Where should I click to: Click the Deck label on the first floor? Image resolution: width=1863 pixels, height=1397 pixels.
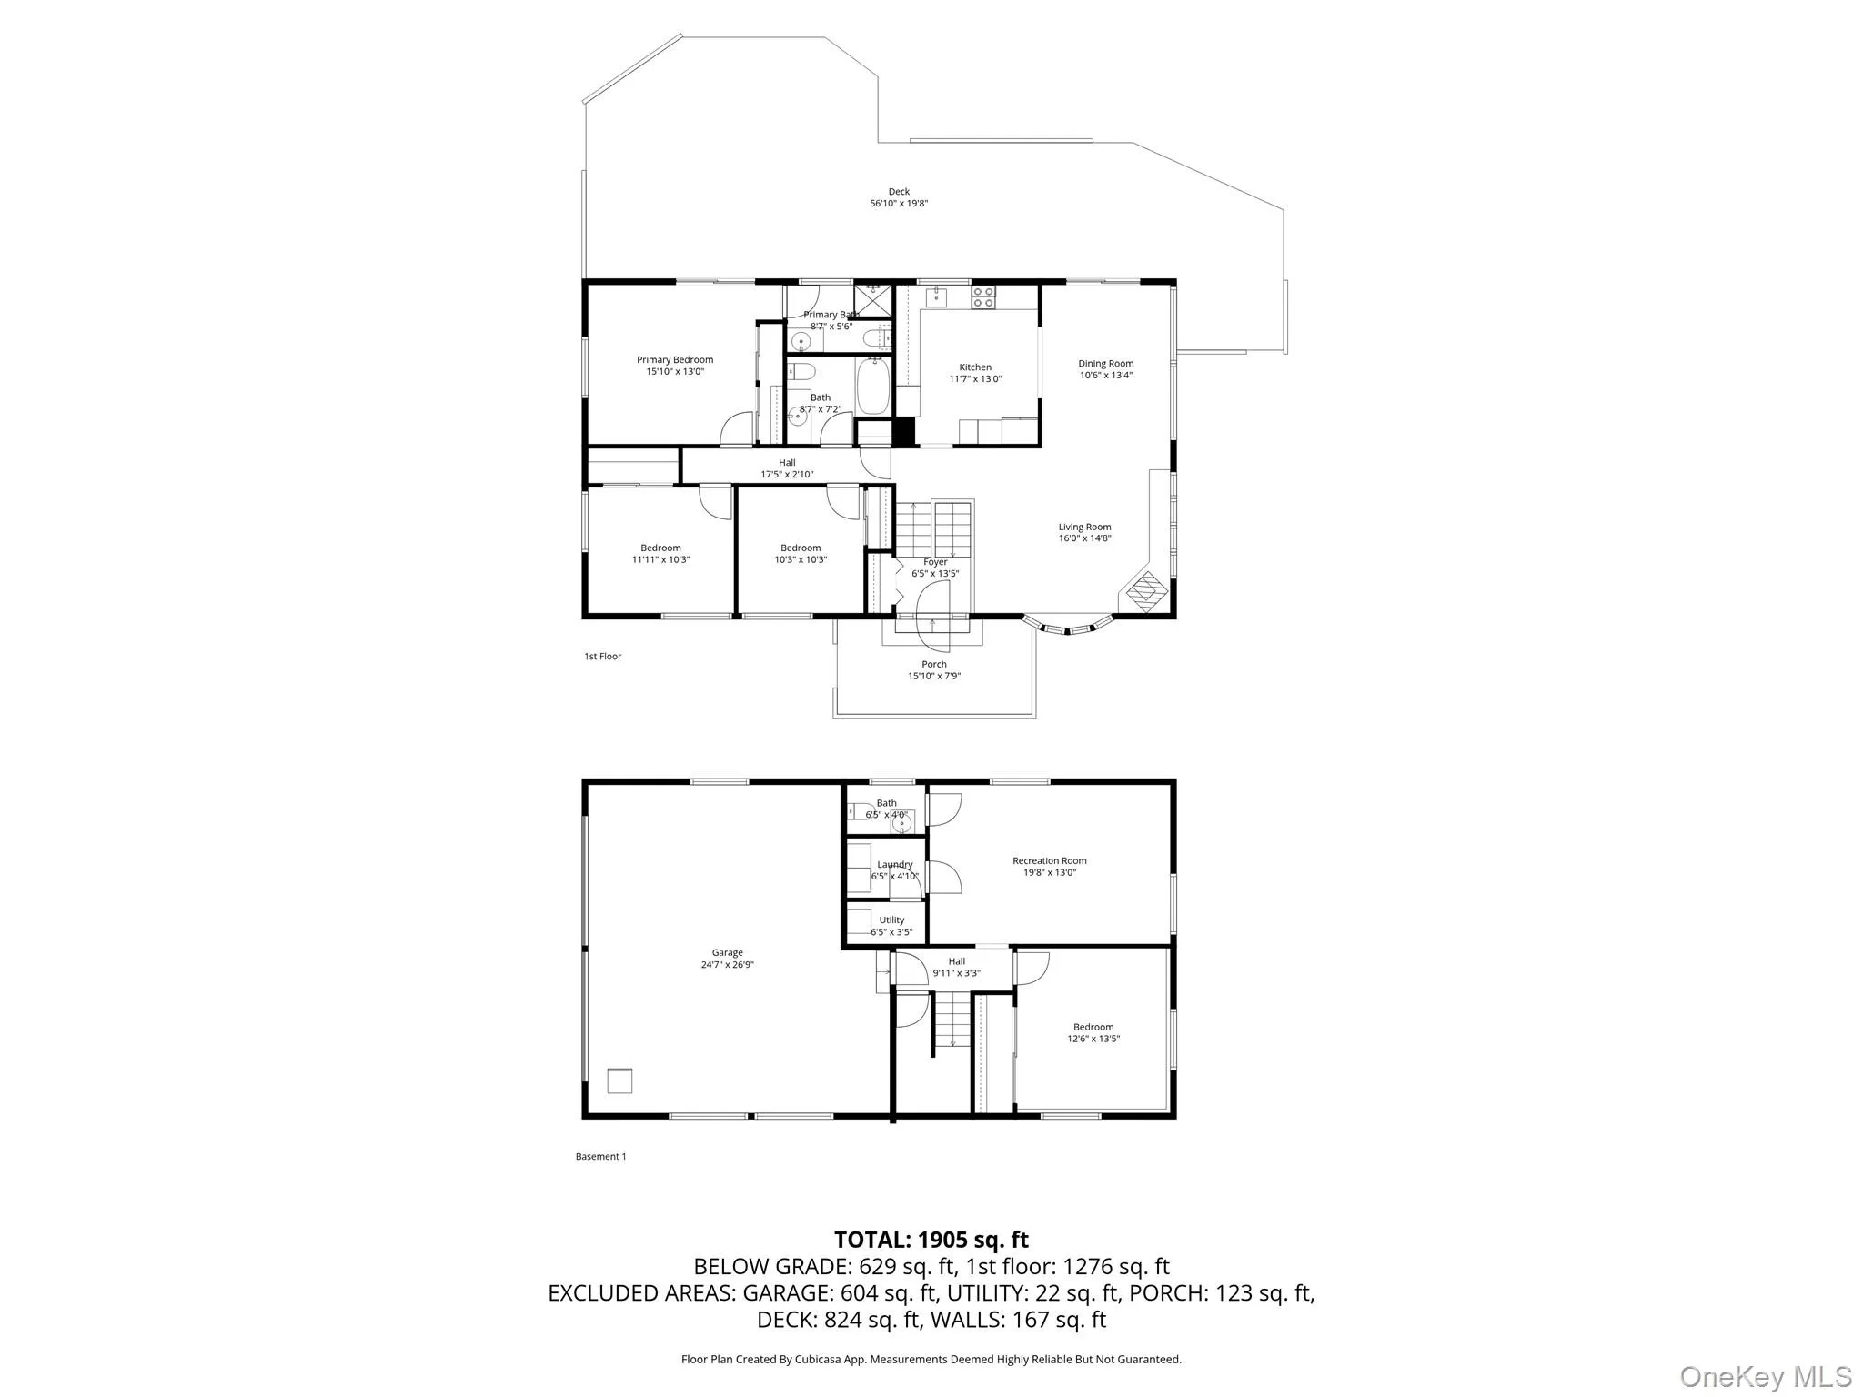pyautogui.click(x=899, y=192)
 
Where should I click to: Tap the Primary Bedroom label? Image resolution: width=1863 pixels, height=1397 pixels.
pyautogui.click(x=675, y=360)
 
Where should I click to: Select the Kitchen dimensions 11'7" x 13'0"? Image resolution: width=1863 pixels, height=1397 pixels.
pyautogui.click(x=975, y=379)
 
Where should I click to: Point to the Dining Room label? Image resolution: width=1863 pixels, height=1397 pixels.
pyautogui.click(x=1106, y=364)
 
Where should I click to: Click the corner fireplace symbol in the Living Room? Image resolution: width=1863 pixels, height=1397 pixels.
pyautogui.click(x=1146, y=591)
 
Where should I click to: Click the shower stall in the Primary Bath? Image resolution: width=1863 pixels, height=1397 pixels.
pyautogui.click(x=873, y=299)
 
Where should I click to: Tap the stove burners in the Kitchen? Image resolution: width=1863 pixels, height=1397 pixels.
pyautogui.click(x=983, y=297)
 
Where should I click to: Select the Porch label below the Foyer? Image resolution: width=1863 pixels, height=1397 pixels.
pyautogui.click(x=934, y=665)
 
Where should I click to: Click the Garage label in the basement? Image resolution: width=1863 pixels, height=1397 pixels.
pyautogui.click(x=728, y=953)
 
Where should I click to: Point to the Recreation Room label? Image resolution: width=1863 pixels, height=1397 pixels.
pyautogui.click(x=1050, y=861)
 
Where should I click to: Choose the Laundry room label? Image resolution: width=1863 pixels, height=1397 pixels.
pyautogui.click(x=895, y=865)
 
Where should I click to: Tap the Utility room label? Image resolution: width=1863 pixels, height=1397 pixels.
pyautogui.click(x=891, y=920)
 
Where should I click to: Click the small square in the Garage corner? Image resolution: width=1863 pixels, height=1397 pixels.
pyautogui.click(x=619, y=1080)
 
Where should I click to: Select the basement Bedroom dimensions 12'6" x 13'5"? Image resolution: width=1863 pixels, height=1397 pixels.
pyautogui.click(x=1093, y=1039)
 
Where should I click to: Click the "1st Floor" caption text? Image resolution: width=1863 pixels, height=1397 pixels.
pyautogui.click(x=602, y=657)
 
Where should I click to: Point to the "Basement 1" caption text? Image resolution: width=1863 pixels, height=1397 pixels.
pyautogui.click(x=600, y=1157)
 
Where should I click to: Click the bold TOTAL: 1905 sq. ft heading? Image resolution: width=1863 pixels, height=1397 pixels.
pyautogui.click(x=931, y=1240)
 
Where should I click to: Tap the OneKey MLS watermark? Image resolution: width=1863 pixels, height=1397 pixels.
pyautogui.click(x=1765, y=1376)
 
